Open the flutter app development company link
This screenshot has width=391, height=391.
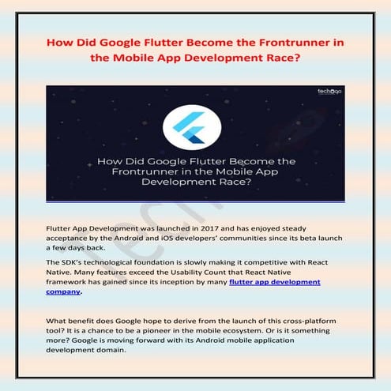[x=275, y=281]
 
